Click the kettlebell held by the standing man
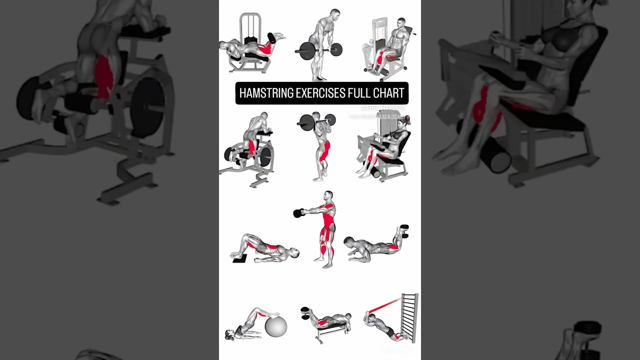298,213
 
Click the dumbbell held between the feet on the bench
306,313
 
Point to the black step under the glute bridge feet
239,259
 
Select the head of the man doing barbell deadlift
335,13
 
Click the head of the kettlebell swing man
328,196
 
